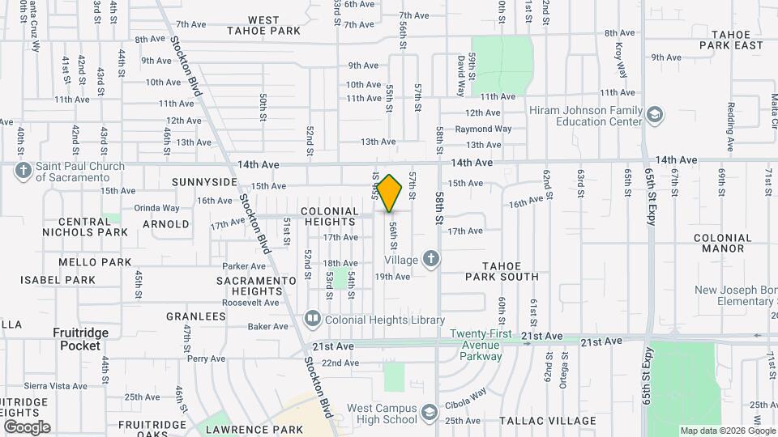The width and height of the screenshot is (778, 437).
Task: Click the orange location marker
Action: [390, 194]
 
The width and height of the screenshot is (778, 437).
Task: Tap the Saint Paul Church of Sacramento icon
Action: [24, 172]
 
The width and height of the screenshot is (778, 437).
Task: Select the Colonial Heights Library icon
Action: [313, 320]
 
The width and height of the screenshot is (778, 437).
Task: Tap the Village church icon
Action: [432, 260]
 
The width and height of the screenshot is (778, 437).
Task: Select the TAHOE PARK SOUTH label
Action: [502, 271]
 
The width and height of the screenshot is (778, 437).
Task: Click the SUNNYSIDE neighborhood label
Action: [204, 183]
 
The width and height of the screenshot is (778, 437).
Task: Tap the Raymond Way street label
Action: [483, 129]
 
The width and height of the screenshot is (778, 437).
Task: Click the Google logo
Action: [27, 427]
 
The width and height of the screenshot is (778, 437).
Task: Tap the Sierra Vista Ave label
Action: [55, 387]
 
